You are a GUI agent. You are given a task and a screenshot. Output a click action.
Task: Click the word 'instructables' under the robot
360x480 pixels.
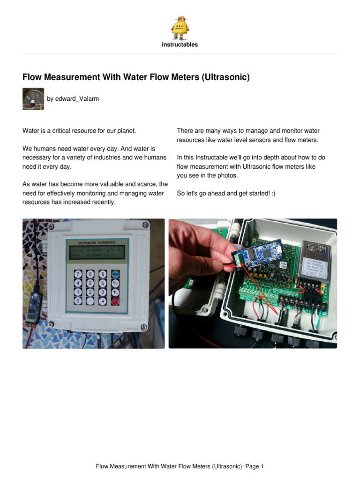coord(180,45)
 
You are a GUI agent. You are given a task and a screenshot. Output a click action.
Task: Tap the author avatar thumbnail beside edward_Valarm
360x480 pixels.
coord(33,99)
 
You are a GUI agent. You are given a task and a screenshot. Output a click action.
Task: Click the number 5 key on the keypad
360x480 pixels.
coord(90,283)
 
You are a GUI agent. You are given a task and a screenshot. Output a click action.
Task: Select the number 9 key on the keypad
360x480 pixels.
coord(102,274)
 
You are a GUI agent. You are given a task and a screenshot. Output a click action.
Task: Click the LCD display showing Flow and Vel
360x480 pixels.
coord(97,254)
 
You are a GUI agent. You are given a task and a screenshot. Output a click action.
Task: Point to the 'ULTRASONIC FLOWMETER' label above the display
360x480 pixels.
coord(97,243)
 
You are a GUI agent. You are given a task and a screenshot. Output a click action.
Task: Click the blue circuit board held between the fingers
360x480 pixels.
coord(257,254)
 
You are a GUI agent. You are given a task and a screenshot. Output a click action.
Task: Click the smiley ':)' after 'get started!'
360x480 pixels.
coord(273,193)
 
